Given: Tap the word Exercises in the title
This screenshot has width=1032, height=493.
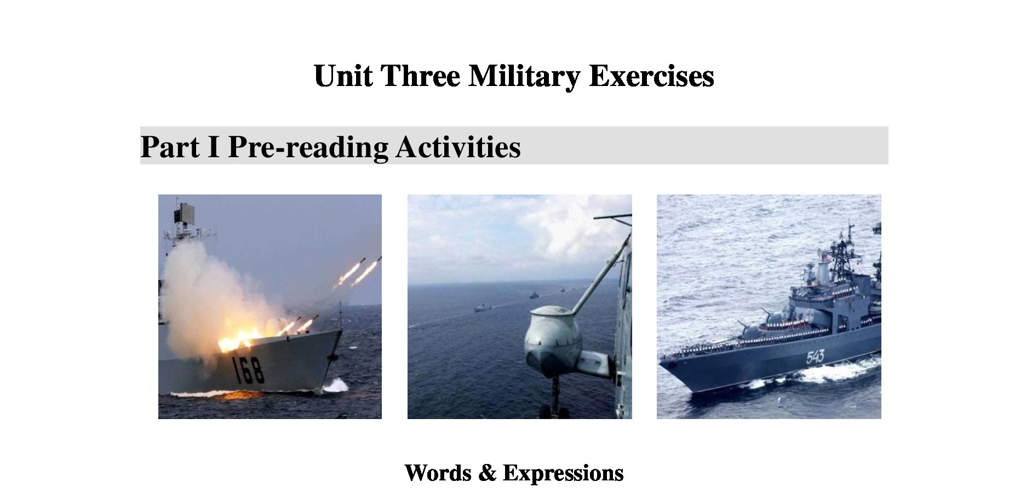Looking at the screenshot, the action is point(651,75).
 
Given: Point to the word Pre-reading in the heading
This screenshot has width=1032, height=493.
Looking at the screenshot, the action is point(308,147).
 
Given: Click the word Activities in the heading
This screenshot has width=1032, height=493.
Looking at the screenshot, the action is point(458,146).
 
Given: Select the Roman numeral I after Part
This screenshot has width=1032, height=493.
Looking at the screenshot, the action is point(214,146).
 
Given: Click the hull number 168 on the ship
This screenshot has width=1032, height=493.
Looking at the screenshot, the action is point(249,370).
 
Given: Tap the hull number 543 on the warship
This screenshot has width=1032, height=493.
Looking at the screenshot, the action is point(815,357).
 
